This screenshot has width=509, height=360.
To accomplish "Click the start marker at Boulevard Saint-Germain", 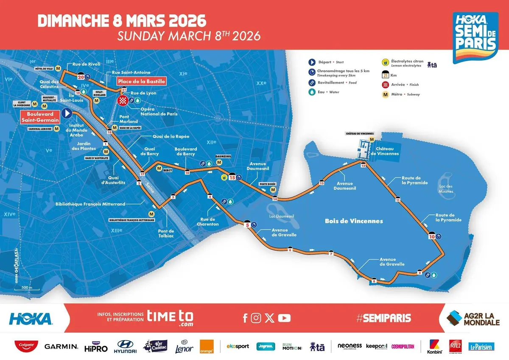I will point(67,113).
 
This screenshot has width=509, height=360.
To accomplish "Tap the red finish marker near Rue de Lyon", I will point(123,101).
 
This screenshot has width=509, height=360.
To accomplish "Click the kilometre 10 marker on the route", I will point(432,236).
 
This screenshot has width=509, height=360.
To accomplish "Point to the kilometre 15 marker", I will point(232,177).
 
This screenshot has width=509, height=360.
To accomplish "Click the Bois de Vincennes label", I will point(354,221).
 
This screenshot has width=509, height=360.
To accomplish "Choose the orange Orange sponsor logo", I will point(207,346).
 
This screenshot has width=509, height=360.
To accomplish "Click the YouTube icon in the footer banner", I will point(285,318).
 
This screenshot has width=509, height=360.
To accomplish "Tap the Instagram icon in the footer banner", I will point(256,318).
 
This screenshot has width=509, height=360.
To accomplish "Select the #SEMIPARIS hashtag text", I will point(383,318).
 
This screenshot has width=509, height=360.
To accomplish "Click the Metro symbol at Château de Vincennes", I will point(372,139).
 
